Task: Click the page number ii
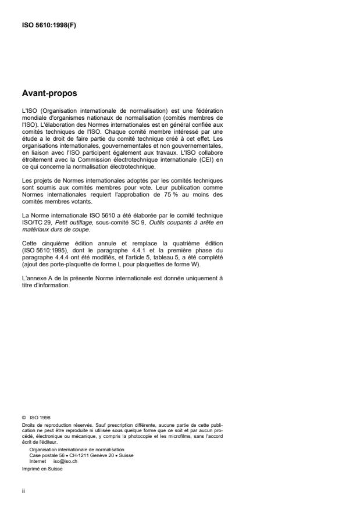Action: (x=23, y=490)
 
